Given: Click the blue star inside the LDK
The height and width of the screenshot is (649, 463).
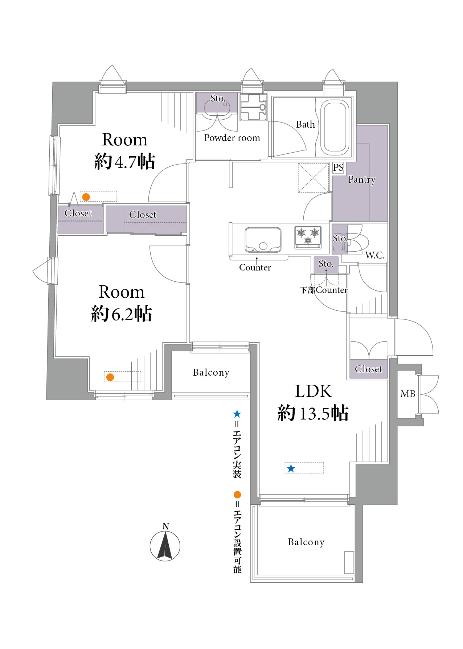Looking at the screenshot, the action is (291, 468).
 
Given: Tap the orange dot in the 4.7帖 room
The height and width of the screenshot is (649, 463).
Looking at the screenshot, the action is (86, 197).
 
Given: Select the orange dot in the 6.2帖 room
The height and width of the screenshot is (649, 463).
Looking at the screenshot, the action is (110, 377).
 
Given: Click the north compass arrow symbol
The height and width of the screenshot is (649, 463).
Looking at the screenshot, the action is (165, 546).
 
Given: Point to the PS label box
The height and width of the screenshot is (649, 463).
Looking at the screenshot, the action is (338, 168).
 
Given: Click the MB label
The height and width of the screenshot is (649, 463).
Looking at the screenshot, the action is (408, 394).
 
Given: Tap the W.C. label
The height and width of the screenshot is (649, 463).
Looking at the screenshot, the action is (375, 255).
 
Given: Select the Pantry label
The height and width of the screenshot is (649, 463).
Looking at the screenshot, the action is (362, 179).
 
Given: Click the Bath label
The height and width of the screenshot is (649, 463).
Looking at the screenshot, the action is (306, 124).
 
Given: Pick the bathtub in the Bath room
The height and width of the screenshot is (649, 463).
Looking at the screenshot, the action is (335, 126).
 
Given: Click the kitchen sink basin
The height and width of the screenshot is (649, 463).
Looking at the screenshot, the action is (263, 240).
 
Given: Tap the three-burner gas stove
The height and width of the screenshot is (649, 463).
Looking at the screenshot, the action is (308, 237).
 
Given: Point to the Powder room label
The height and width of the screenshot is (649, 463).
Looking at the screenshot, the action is (232, 138).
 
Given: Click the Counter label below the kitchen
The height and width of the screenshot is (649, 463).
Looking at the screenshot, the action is (255, 268).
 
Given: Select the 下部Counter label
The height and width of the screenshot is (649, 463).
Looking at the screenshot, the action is (324, 290).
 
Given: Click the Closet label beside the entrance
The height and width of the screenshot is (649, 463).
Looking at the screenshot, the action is (368, 369).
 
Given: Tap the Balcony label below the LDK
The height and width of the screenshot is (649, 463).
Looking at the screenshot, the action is (306, 542).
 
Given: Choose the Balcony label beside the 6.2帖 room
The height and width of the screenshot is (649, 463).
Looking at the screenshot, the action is (211, 372).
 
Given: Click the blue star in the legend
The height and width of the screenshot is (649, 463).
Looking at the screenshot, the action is (237, 414).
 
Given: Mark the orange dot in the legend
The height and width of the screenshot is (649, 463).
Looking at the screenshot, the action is (237, 495).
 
